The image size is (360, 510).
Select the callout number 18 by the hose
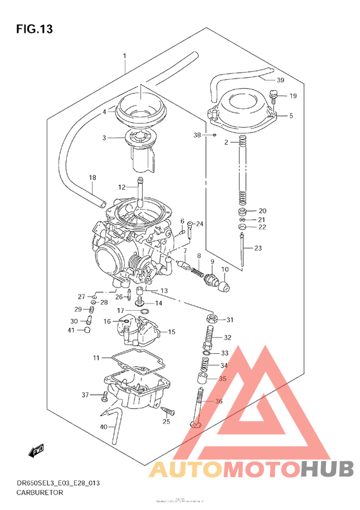(x=93, y=178)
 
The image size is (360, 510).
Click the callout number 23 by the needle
(x=258, y=248)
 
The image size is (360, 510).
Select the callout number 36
(x=219, y=401)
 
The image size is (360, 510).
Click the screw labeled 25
(x=170, y=410)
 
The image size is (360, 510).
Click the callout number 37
(x=84, y=394)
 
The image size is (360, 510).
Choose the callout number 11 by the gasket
(x=96, y=357)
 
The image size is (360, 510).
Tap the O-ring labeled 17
(x=145, y=313)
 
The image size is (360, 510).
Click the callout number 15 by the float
(x=171, y=332)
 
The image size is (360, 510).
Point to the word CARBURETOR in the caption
(x=38, y=492)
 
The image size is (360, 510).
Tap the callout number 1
(x=125, y=57)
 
